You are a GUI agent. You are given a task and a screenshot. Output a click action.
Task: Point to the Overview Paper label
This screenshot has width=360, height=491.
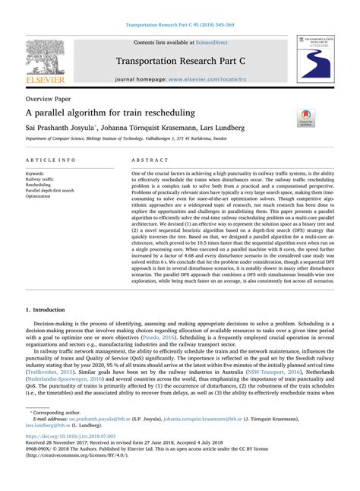click(x=50, y=99)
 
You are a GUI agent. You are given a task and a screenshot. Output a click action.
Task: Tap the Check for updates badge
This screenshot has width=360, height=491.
click(x=306, y=117)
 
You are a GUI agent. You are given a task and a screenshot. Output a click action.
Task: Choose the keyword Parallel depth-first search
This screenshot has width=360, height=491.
click(x=50, y=190)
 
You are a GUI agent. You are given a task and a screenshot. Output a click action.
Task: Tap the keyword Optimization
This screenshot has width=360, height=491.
click(x=40, y=196)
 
